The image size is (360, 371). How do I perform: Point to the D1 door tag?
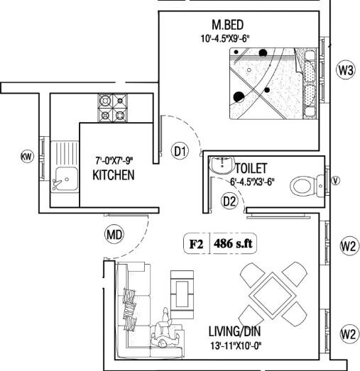tap(180, 150)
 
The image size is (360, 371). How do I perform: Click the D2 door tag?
tap(229, 201)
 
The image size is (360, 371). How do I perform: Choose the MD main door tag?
tap(114, 233)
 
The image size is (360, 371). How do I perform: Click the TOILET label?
tap(251, 168)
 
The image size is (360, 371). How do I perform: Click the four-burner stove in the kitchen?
tap(112, 107)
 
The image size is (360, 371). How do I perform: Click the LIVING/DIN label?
tap(234, 331)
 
